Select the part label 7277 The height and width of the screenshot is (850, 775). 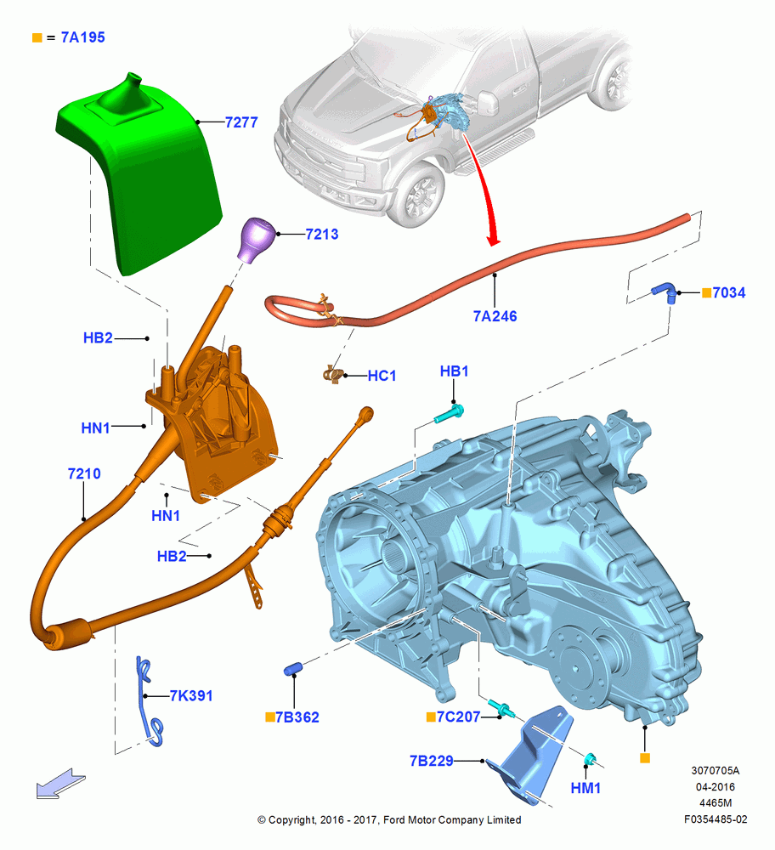point(241,122)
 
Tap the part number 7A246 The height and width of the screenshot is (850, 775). point(495,316)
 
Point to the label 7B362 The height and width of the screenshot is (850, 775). point(297,717)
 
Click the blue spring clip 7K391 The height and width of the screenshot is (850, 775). point(149,701)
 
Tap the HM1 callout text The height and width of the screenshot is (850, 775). point(585,788)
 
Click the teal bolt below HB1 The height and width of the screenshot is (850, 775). point(450,414)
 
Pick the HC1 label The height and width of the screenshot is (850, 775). point(382,376)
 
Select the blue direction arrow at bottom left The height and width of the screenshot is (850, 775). point(60,784)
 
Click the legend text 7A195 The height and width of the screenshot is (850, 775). point(82,37)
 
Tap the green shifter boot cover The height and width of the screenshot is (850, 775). point(140,173)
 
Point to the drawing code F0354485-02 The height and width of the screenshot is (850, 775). point(716,819)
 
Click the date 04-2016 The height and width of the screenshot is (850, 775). point(716,786)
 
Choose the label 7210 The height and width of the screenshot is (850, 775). point(84,473)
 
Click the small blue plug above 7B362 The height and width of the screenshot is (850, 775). point(293,668)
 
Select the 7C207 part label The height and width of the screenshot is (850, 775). point(459,717)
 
